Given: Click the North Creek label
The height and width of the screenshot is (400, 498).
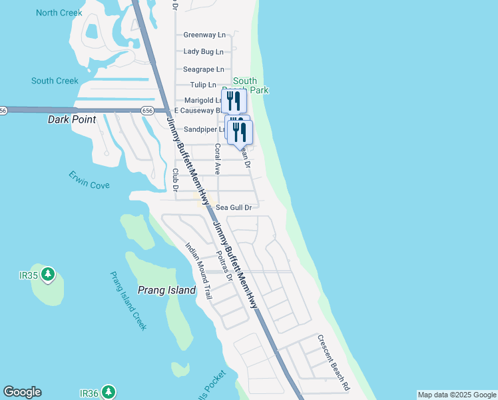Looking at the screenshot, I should [x=59, y=13].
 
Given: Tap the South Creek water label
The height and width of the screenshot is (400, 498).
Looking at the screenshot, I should [x=55, y=81].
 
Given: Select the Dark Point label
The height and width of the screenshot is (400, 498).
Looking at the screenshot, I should [x=72, y=120].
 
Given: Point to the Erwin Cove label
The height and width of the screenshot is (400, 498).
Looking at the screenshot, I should [x=89, y=179].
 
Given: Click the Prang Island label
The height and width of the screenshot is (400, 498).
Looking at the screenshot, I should [x=166, y=290].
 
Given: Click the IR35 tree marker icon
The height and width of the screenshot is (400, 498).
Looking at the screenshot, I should [x=47, y=273].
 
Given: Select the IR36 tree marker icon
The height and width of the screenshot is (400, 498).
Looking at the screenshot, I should [x=108, y=393].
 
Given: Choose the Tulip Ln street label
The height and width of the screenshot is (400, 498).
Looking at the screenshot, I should [x=203, y=85].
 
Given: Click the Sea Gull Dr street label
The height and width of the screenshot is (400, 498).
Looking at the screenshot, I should [x=233, y=208].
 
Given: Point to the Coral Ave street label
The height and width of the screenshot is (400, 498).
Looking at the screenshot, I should [x=217, y=159].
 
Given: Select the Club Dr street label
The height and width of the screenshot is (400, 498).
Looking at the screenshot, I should [x=176, y=179].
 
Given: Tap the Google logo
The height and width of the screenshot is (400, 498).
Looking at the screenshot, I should [x=22, y=392].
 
